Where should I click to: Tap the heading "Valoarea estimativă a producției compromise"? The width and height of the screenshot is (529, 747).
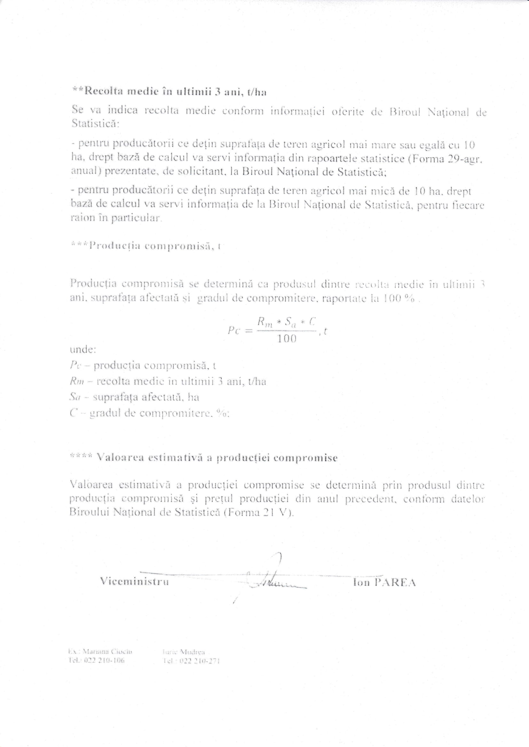[204, 458]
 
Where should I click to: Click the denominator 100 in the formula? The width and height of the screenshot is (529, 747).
[287, 339]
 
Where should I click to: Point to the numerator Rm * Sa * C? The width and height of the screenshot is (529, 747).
[287, 322]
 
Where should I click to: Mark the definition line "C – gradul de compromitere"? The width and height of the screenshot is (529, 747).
[150, 413]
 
